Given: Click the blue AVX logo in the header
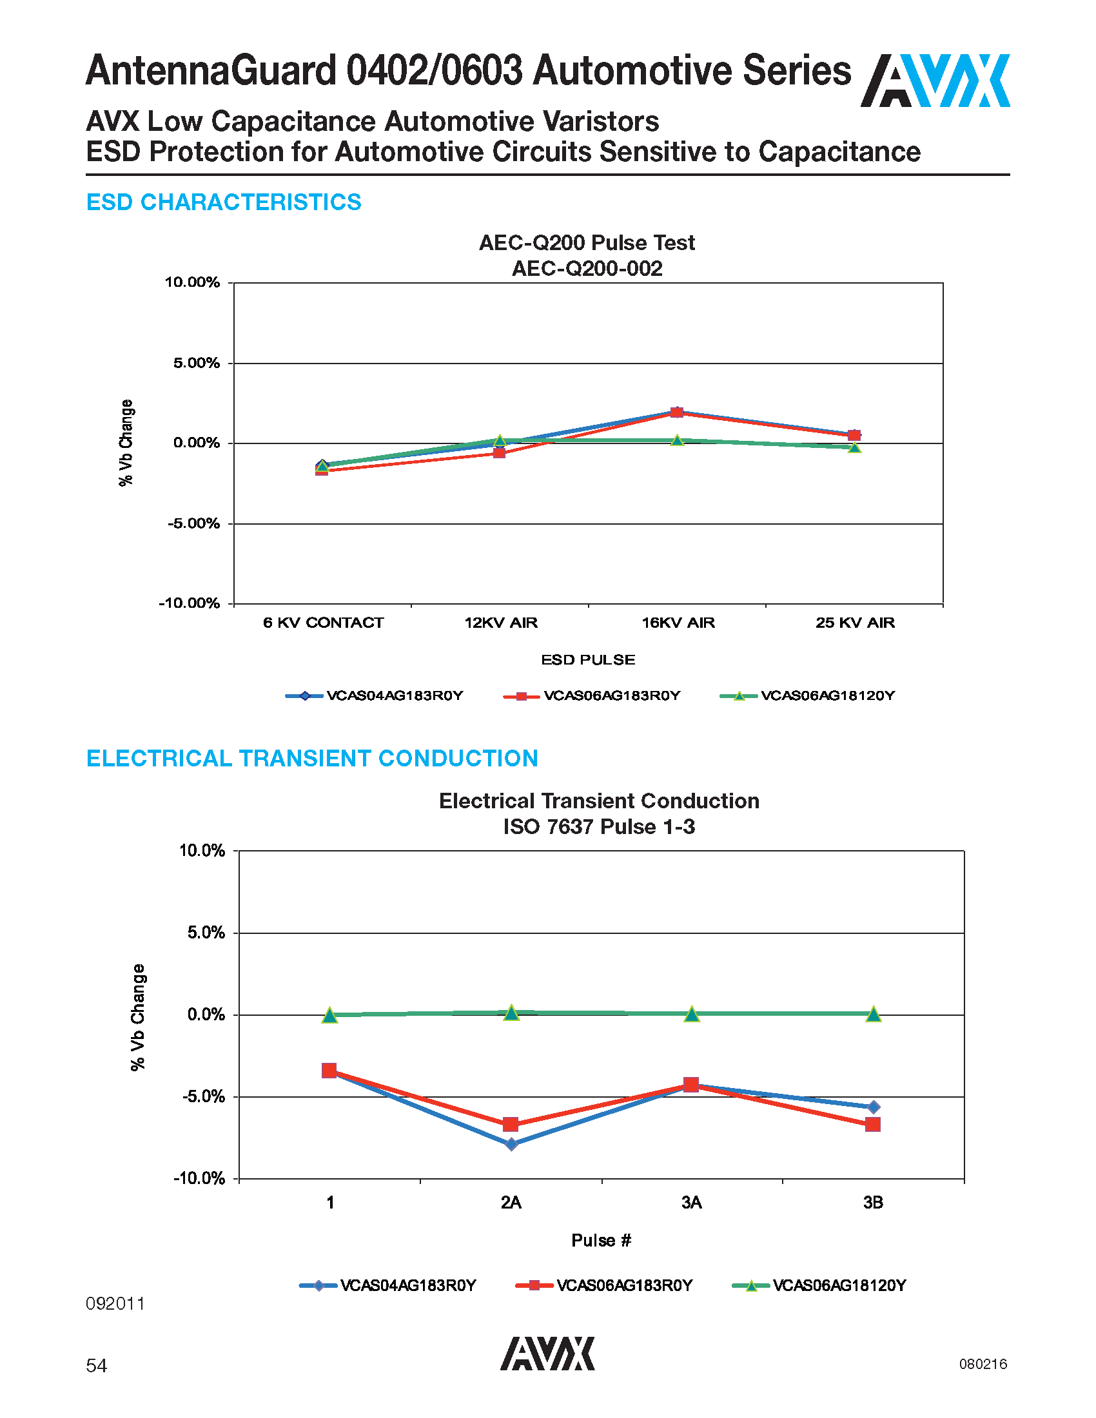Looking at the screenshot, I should pos(935,81).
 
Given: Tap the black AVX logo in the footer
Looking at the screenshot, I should pos(547,1354).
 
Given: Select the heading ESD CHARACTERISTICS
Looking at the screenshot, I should pos(223,202).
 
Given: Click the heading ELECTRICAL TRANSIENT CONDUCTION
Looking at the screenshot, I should pos(311,759).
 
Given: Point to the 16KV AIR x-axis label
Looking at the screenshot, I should pos(678,623).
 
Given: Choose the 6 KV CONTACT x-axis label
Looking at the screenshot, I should pos(324,623).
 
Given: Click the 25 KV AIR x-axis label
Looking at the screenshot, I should pos(855,623).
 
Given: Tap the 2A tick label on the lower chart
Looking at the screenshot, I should pos(511,1203).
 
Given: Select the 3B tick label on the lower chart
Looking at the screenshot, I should pos(873,1203).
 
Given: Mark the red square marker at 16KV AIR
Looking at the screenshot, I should pos(676,413).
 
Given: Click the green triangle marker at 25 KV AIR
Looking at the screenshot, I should pos(854,447).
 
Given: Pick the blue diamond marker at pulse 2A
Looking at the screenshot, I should pos(512,1144).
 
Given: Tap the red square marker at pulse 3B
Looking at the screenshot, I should pos(873,1124).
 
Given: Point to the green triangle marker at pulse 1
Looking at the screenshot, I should pos(330,1015).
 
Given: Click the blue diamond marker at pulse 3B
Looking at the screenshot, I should pos(874,1106).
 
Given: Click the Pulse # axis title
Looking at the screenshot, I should pos(602,1240).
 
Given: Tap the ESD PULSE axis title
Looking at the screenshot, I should pos(588,659).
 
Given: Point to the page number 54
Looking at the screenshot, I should pos(96,1365).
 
